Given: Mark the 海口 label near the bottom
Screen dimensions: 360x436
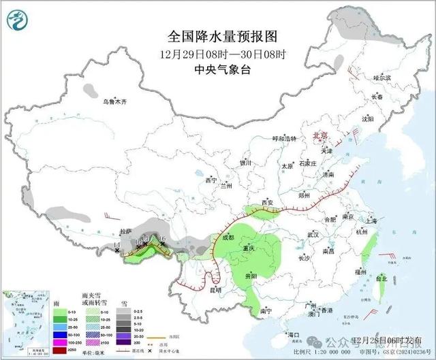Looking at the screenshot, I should tap(294, 335).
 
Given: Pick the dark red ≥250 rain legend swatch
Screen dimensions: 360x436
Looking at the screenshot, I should tap(61, 350).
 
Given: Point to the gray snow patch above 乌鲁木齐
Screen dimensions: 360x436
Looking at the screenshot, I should tap(91, 88).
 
